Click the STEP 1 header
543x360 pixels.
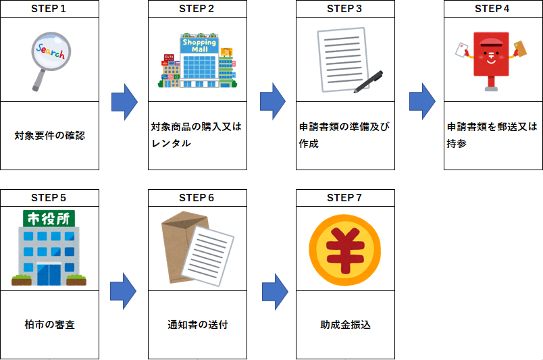(49, 9)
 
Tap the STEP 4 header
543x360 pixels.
(492, 9)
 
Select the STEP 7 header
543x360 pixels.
(344, 198)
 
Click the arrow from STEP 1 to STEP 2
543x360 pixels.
(124, 102)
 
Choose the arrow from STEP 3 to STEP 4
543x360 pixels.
(421, 102)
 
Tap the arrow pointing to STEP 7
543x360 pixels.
(273, 291)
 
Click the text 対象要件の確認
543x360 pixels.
(49, 136)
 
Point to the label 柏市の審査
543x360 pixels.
(49, 325)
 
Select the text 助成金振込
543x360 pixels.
(345, 325)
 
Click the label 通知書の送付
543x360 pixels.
(197, 325)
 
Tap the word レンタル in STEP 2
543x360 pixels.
(172, 144)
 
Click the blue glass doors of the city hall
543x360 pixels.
(48, 273)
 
